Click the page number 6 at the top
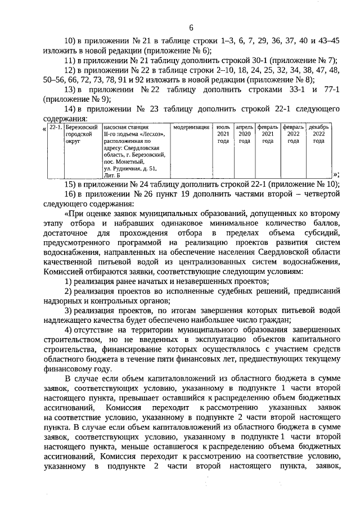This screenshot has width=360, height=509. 191,28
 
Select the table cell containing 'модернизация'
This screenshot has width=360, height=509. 191,128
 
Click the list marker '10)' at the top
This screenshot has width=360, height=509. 71,42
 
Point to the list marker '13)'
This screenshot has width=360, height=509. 71,90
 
